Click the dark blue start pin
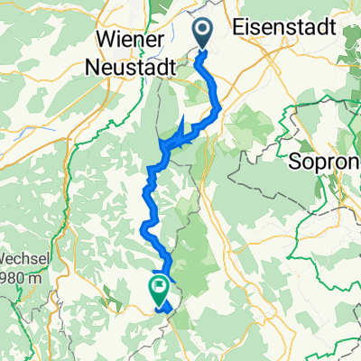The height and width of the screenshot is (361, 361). click(x=202, y=33)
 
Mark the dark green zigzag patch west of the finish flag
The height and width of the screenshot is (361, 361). click(x=112, y=291)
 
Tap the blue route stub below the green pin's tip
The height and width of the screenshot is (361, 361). click(x=163, y=307)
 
